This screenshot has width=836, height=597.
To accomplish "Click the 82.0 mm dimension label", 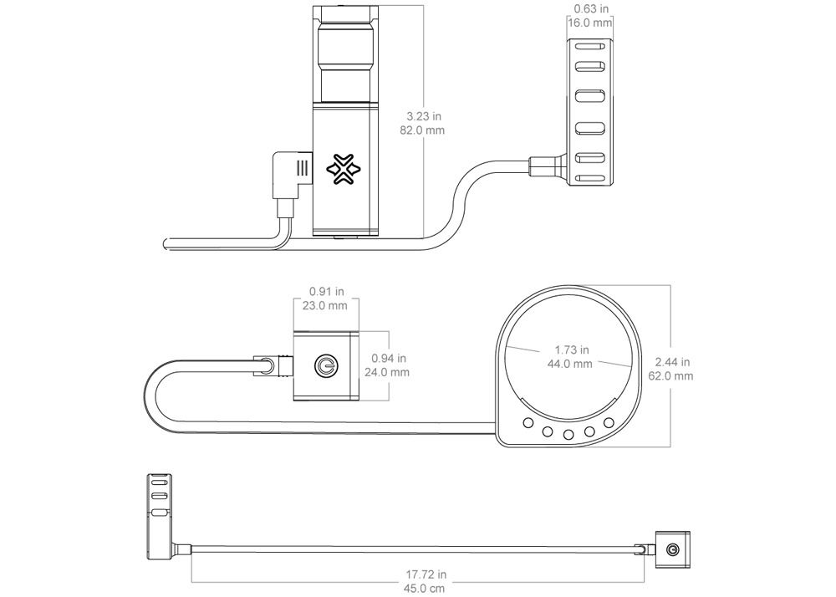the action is pyautogui.click(x=422, y=130).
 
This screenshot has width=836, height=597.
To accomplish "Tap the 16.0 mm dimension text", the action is pyautogui.click(x=589, y=23).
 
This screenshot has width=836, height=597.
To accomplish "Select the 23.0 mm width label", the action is pyautogui.click(x=324, y=305).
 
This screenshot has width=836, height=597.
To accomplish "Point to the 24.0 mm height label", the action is pyautogui.click(x=387, y=372).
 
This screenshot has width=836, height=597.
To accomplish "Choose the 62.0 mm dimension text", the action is pyautogui.click(x=670, y=375).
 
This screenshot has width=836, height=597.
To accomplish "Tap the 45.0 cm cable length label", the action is pyautogui.click(x=424, y=589).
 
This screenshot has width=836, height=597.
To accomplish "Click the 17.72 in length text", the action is pyautogui.click(x=426, y=574).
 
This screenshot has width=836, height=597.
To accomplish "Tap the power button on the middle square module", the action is pyautogui.click(x=325, y=365).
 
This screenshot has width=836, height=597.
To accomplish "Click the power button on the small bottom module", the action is pyautogui.click(x=672, y=549).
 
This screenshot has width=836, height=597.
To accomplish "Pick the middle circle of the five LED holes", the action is pyautogui.click(x=568, y=435).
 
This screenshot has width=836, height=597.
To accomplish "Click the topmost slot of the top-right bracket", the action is pyautogui.click(x=589, y=45).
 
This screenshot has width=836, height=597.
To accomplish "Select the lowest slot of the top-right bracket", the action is pyautogui.click(x=589, y=179).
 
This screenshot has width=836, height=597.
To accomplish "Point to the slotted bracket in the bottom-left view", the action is pyautogui.click(x=158, y=516).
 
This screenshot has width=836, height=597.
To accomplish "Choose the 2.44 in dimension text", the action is pyautogui.click(x=672, y=362).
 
